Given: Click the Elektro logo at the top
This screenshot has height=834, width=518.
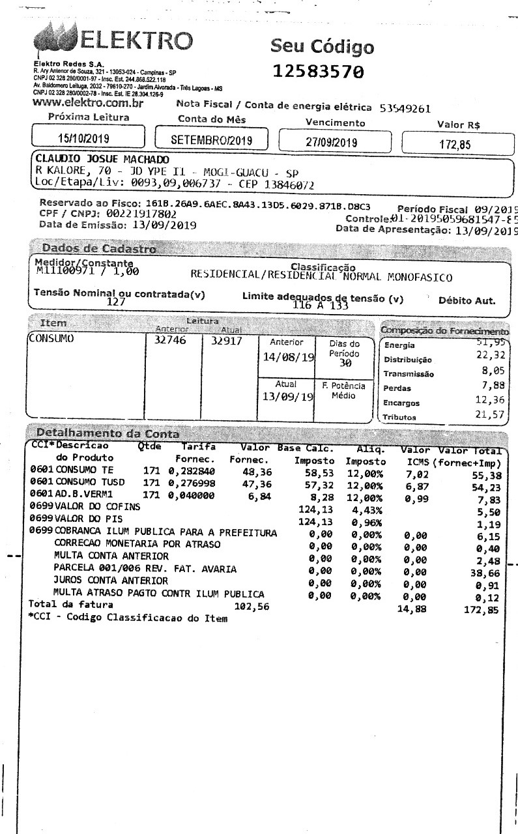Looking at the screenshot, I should pyautogui.click(x=114, y=41).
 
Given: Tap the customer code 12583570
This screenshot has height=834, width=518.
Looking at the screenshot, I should pyautogui.click(x=318, y=71).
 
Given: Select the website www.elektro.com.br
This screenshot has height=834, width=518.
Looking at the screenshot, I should pyautogui.click(x=87, y=103).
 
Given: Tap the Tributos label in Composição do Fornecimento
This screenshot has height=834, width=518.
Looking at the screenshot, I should pyautogui.click(x=399, y=417).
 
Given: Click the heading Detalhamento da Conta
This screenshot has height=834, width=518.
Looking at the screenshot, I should pyautogui.click(x=108, y=433).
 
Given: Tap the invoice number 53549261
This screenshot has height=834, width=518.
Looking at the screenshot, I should pyautogui.click(x=405, y=108).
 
